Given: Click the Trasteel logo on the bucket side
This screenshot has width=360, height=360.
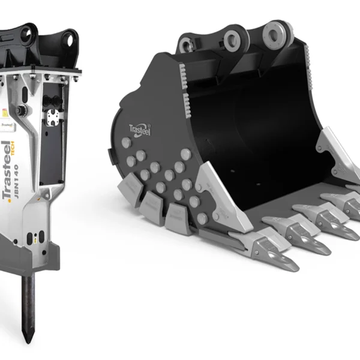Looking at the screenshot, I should pos(140,127).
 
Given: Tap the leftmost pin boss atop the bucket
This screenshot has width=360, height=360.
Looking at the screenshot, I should pos(185,43).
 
